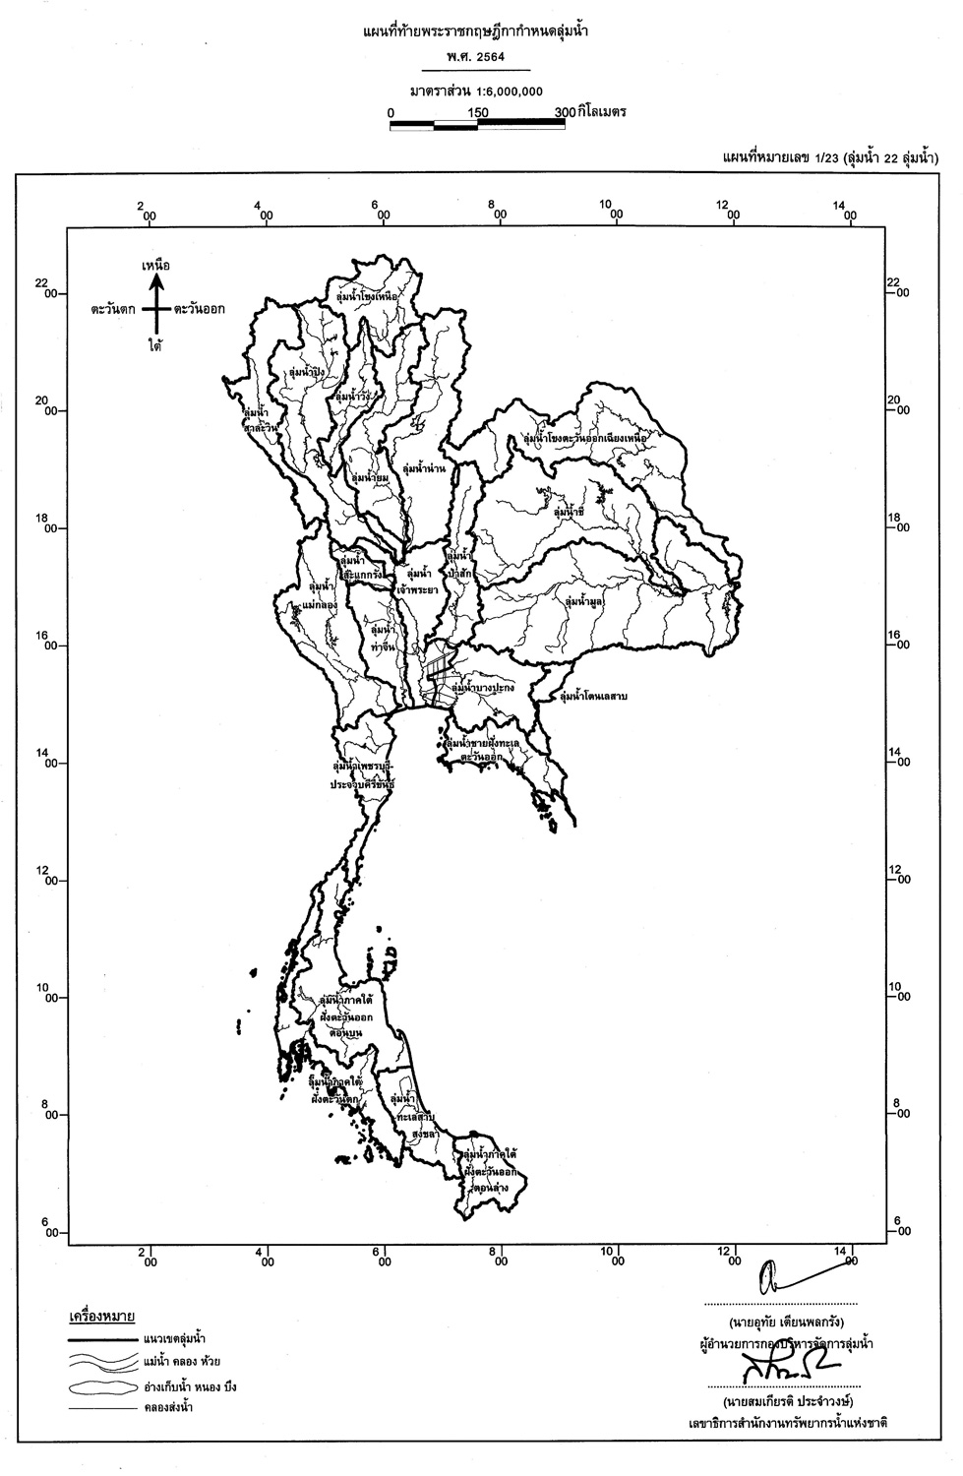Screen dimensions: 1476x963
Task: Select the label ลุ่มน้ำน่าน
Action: tap(424, 468)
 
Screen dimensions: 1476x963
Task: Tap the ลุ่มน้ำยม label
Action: tap(370, 477)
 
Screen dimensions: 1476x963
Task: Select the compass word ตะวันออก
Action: tap(199, 309)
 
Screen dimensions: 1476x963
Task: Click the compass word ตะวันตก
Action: tap(114, 309)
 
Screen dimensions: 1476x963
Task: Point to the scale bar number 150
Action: tap(478, 112)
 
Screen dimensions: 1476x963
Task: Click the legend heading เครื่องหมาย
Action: tap(101, 1317)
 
